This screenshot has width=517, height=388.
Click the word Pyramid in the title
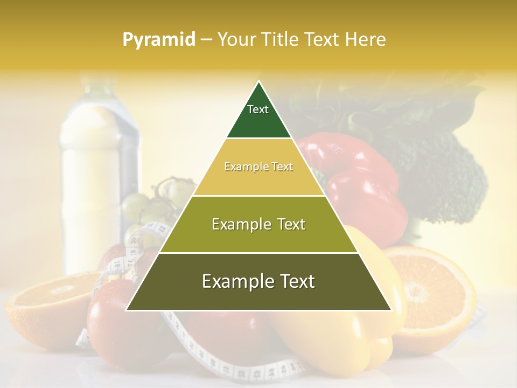click(x=158, y=40)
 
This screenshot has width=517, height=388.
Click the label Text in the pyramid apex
click(x=258, y=109)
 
